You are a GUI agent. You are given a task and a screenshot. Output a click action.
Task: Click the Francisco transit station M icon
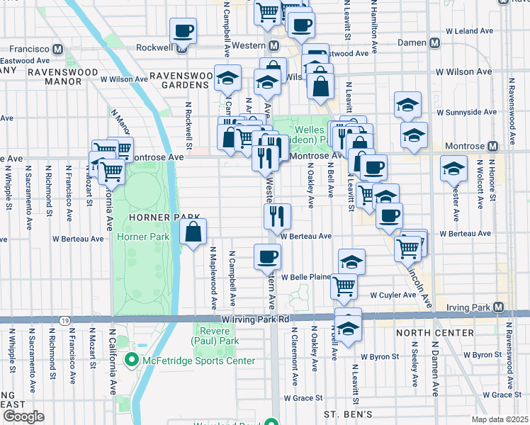click(59, 50)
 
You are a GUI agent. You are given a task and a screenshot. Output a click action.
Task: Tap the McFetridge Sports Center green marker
click(130, 361)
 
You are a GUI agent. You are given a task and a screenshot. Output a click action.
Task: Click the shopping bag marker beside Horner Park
click(193, 232)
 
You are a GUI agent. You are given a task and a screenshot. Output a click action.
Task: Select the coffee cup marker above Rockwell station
click(183, 31)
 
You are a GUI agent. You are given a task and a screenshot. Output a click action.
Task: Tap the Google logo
click(23, 416)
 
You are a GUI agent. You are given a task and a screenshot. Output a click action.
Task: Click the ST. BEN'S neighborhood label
click(348, 414)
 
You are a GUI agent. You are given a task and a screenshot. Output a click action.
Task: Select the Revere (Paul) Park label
click(213, 336)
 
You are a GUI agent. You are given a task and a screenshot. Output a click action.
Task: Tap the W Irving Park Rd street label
click(256, 320)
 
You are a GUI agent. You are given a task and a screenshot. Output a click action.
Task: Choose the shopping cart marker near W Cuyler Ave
click(344, 285)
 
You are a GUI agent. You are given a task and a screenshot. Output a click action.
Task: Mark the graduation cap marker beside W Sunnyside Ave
click(408, 105)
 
